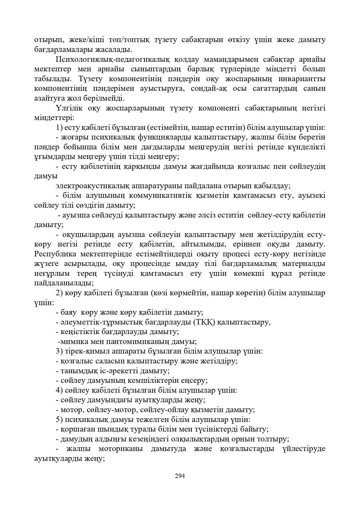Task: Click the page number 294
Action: (180, 476)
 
